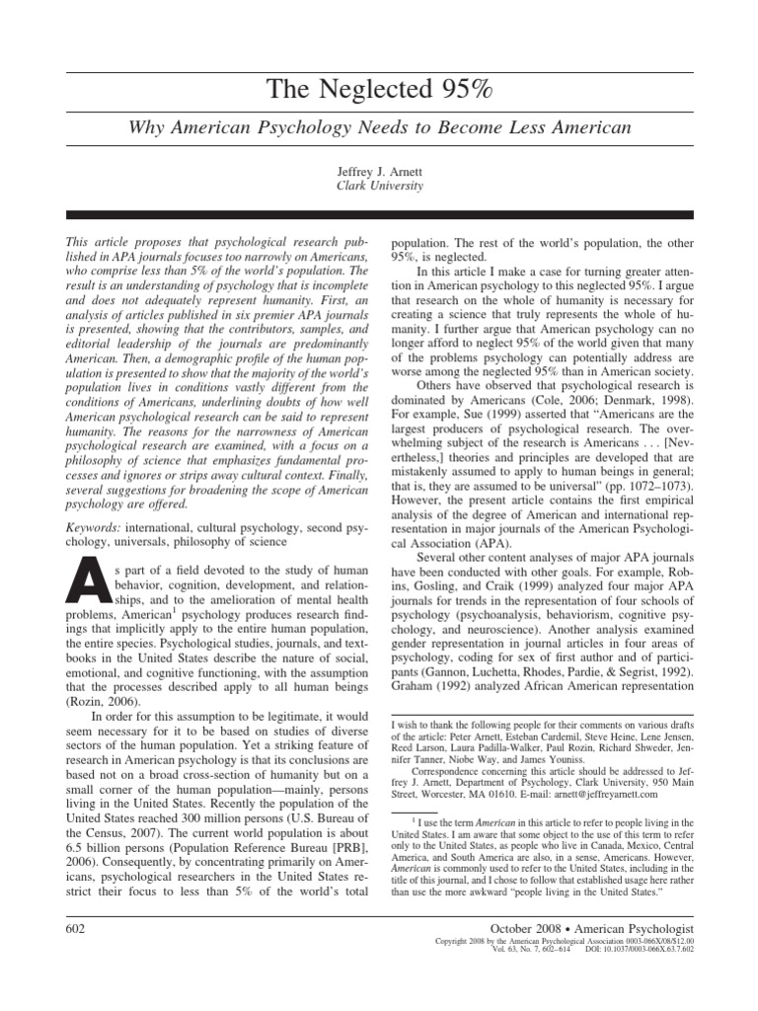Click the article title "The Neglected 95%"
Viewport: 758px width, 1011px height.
379,91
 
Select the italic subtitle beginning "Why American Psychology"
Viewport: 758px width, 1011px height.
379,128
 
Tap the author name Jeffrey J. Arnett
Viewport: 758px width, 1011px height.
379,170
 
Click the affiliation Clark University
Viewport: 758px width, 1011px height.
379,185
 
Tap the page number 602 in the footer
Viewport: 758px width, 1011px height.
78,929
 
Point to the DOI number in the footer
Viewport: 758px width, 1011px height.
643,952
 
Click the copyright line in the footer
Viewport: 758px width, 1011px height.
565,942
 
